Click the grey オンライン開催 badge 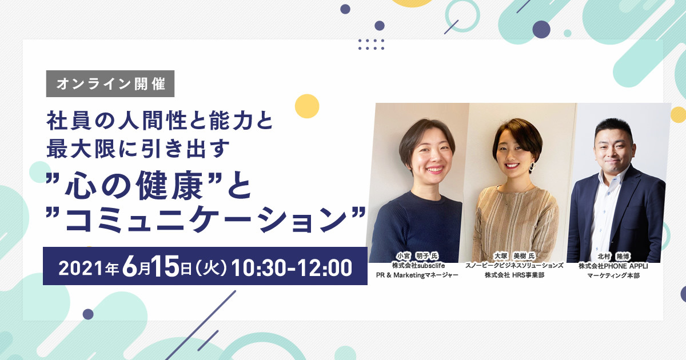coord(110,83)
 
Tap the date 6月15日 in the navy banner coord(153,267)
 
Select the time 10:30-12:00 coord(292,267)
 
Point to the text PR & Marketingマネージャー coord(417,275)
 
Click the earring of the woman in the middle coord(533,167)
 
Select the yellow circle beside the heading coord(307,106)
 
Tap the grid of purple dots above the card coord(371,45)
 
